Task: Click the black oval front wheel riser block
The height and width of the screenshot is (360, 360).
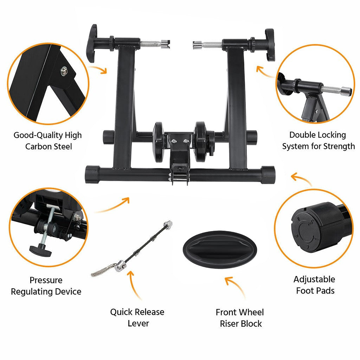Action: pyautogui.click(x=220, y=249)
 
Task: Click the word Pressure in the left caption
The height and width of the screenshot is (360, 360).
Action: pyautogui.click(x=46, y=280)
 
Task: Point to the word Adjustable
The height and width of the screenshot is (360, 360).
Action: pyautogui.click(x=314, y=279)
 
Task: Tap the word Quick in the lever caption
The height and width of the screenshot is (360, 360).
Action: pyautogui.click(x=121, y=312)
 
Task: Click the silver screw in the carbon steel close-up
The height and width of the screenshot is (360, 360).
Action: pyautogui.click(x=64, y=71)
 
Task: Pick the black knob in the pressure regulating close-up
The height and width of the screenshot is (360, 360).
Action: pyautogui.click(x=40, y=250)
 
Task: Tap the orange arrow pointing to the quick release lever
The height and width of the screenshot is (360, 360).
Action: pyautogui.click(x=134, y=284)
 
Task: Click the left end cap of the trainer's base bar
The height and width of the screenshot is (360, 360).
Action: pyautogui.click(x=92, y=174)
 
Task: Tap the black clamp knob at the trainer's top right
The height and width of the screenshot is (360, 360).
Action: pyautogui.click(x=269, y=45)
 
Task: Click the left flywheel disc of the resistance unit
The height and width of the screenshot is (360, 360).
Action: pyautogui.click(x=159, y=142)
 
